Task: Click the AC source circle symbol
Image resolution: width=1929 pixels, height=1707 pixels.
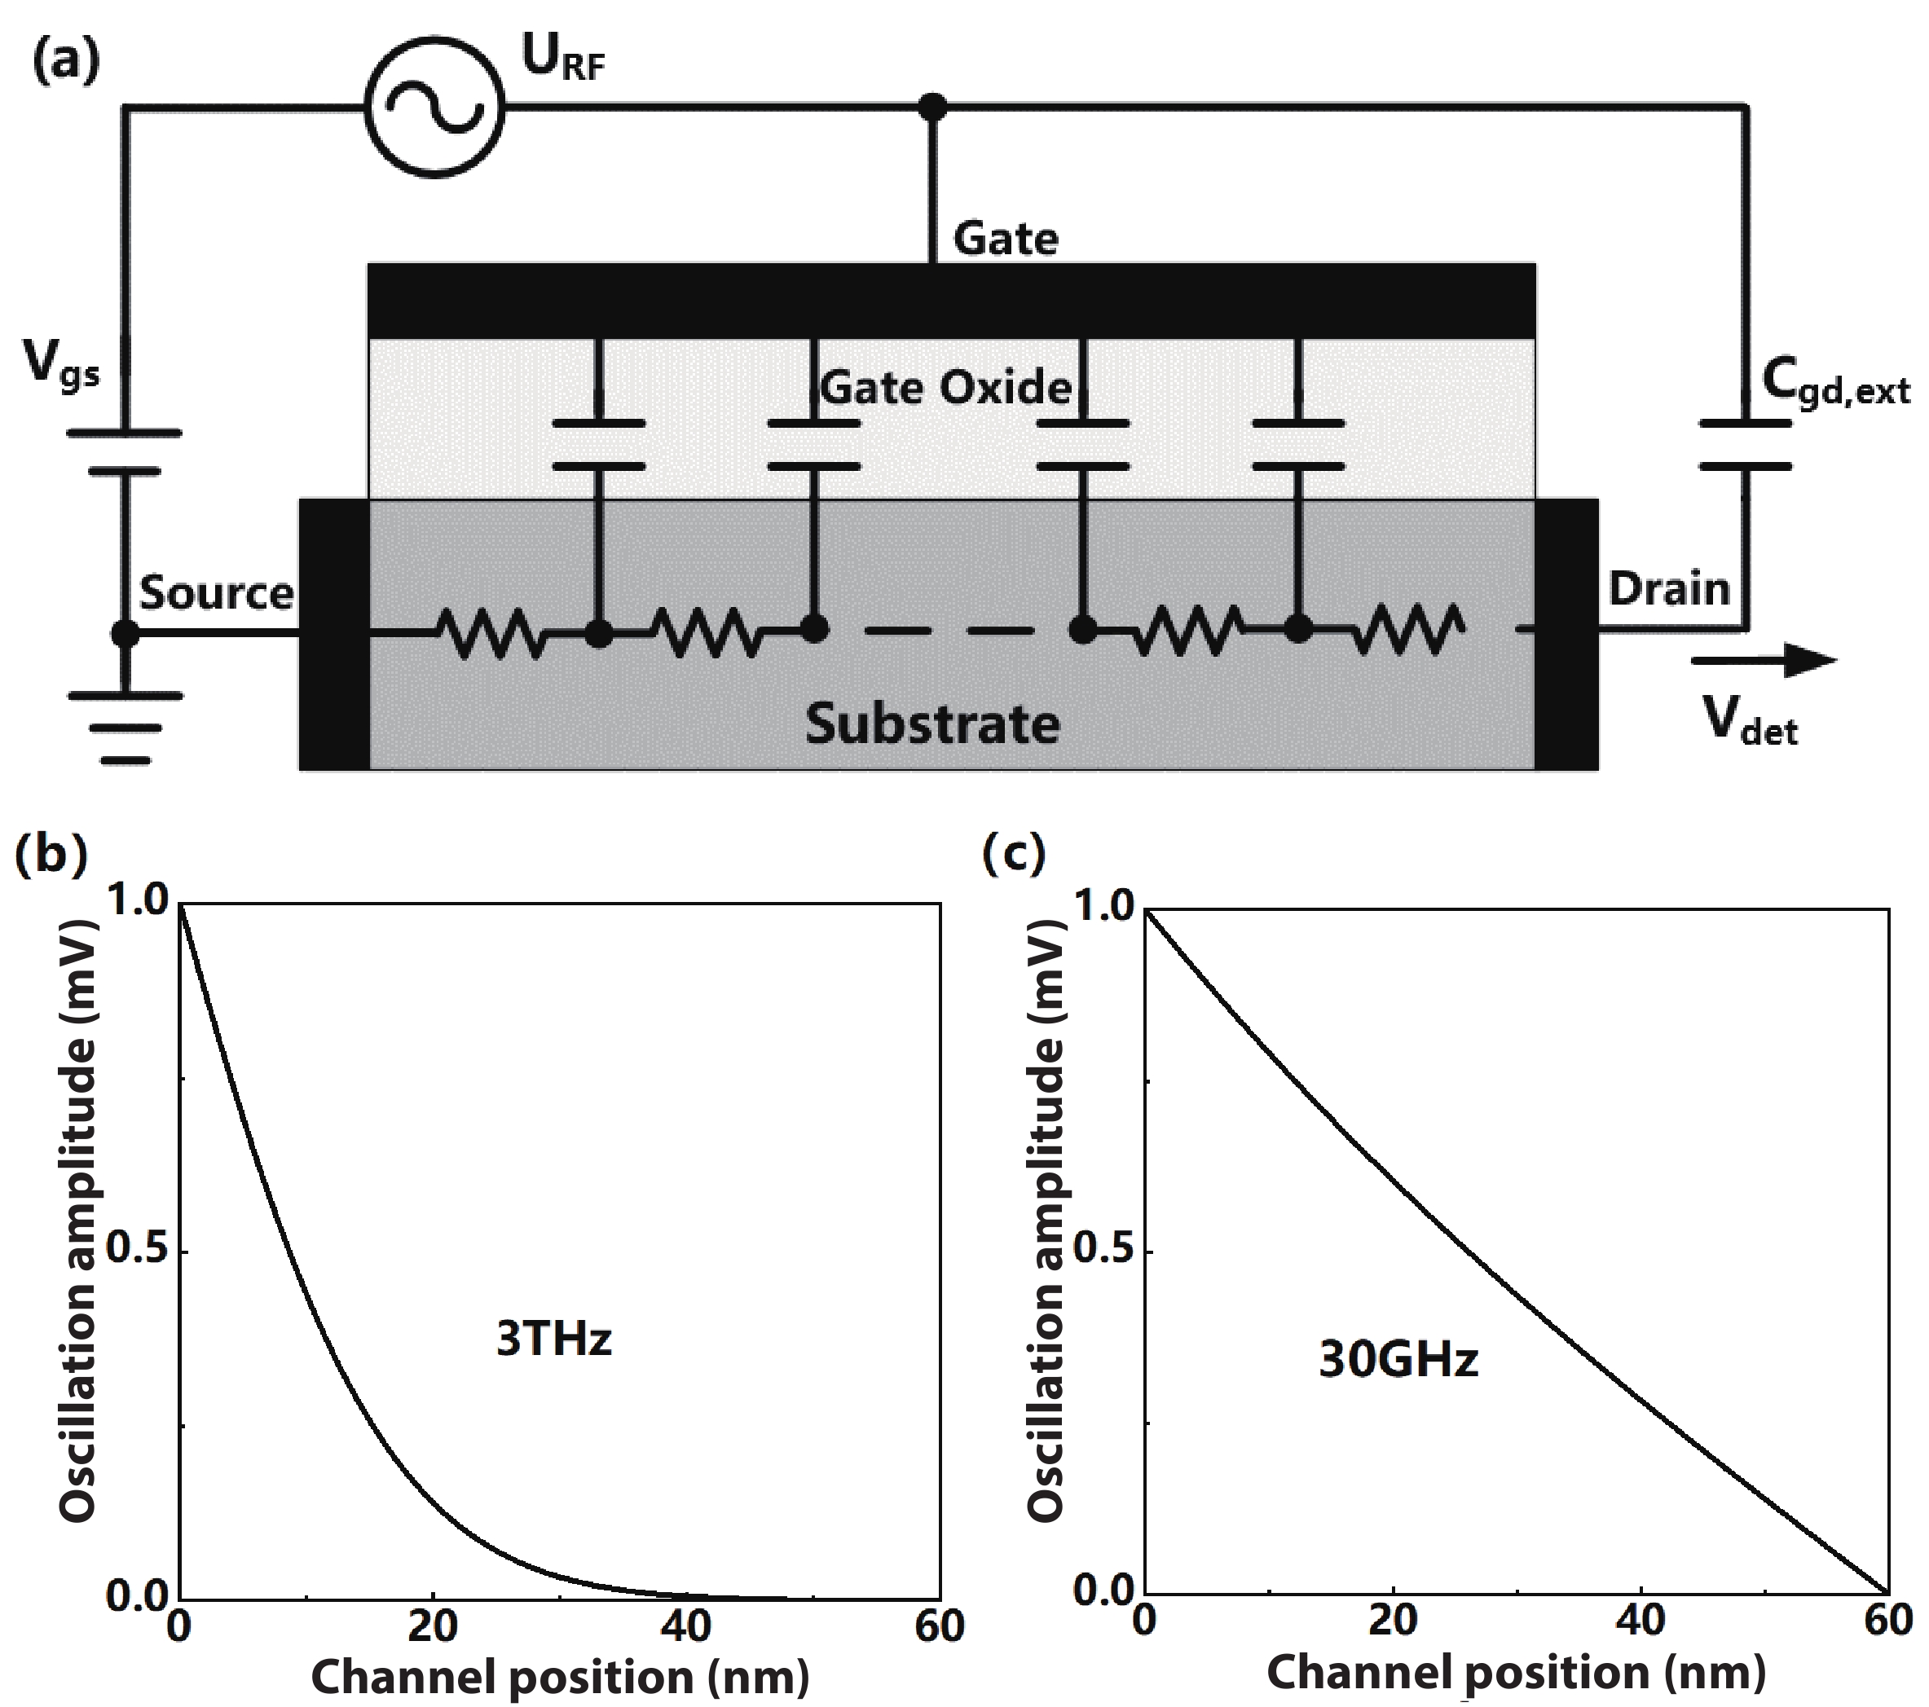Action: coord(434,108)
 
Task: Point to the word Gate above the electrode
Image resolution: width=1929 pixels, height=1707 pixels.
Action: coord(1006,238)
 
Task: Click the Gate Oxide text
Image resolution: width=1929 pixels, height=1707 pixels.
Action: coord(945,387)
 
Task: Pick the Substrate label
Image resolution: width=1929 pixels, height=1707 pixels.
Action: coord(932,724)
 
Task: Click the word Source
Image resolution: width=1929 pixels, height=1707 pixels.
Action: coord(217,593)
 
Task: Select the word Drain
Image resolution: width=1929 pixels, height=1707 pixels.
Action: coord(1668,590)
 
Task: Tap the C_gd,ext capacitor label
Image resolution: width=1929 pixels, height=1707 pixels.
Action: coord(1834,384)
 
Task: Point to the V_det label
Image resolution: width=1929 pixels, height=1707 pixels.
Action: coord(1751,723)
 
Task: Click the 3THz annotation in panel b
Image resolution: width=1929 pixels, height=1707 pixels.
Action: coord(554,1338)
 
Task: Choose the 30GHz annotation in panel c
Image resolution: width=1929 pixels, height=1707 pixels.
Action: coord(1398,1361)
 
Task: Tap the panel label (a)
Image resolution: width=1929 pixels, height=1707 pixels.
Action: coord(66,62)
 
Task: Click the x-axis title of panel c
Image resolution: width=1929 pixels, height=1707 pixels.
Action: coord(1516,1672)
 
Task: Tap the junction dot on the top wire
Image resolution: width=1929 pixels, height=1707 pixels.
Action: coord(932,108)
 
